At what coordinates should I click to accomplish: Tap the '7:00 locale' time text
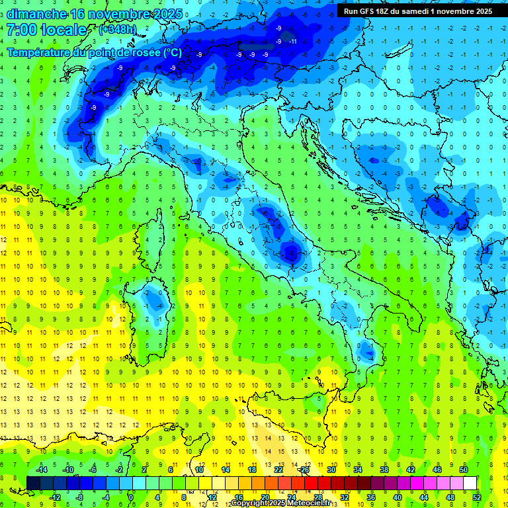point(47,30)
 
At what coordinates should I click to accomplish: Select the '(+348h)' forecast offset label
point(118,30)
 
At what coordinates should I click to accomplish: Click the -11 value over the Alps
point(292,41)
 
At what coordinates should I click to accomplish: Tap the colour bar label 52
point(477,497)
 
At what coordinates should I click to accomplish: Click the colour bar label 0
point(132,497)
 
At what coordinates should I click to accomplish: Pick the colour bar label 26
point(305,470)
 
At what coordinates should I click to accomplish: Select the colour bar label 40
point(398,497)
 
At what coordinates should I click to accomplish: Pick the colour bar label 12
point(212,497)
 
